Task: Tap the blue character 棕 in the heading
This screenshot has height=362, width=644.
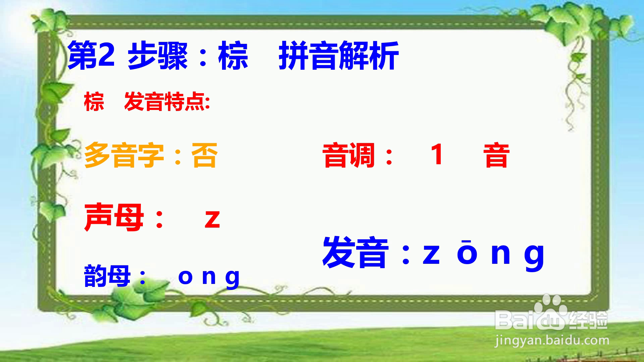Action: (x=233, y=56)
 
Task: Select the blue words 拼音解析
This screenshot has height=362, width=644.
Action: (x=338, y=56)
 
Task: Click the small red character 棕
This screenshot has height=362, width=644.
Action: (x=94, y=102)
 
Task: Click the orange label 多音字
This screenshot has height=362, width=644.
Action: (x=124, y=155)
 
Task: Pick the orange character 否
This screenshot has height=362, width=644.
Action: (x=204, y=155)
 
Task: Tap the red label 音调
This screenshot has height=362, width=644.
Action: (x=348, y=155)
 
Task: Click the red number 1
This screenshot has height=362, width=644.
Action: (x=437, y=154)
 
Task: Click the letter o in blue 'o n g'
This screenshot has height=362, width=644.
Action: (x=185, y=277)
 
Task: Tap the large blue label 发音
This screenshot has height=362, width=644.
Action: (x=356, y=252)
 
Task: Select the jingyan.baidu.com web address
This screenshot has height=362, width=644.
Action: (x=552, y=341)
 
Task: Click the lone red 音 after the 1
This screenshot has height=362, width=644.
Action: (x=496, y=155)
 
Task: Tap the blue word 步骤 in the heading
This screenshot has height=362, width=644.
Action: (x=158, y=56)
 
